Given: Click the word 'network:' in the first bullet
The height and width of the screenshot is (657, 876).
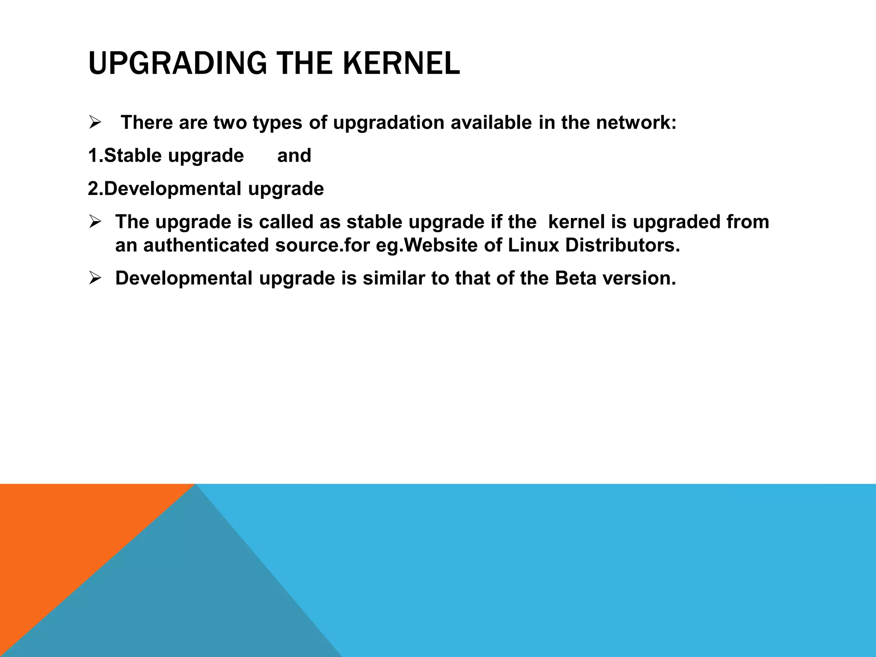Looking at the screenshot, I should click(x=636, y=123).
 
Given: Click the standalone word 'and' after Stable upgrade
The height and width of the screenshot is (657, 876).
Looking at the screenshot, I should click(x=294, y=155).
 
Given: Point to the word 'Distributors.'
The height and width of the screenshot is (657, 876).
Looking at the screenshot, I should click(x=622, y=246).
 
